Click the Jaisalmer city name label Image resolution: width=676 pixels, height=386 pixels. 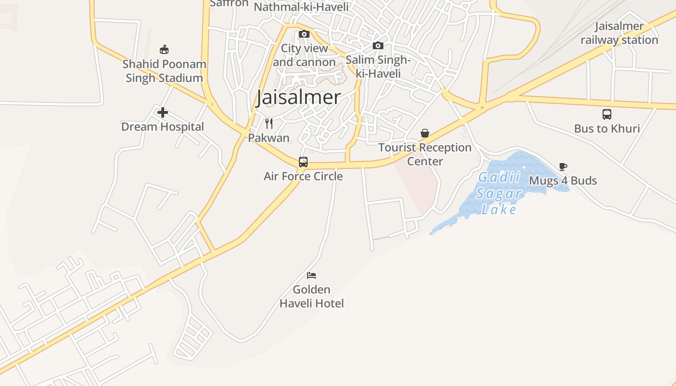tap(298, 97)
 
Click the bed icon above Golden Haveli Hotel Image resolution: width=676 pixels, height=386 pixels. tap(311, 276)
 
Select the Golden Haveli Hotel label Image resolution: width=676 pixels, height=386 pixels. tap(311, 296)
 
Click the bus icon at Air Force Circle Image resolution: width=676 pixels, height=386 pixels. tap(303, 162)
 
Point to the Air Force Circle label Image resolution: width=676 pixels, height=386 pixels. tap(303, 176)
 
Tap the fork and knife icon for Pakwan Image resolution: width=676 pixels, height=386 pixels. tap(269, 124)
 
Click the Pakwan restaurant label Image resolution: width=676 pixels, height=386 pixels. tap(269, 138)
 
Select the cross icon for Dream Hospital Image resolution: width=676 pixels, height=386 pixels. tap(163, 113)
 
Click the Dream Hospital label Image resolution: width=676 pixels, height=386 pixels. tap(163, 127)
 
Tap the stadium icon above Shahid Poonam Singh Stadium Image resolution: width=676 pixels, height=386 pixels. tap(164, 49)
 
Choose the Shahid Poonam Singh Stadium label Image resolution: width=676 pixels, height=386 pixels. tap(164, 71)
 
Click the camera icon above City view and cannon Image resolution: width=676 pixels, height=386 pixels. tap(304, 34)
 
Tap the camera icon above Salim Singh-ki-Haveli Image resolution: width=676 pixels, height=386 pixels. tap(378, 46)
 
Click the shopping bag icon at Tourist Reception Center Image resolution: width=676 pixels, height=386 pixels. tap(425, 133)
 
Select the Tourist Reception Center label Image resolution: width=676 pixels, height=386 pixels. tap(425, 154)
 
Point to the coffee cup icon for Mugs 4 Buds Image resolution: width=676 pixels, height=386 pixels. tap(563, 167)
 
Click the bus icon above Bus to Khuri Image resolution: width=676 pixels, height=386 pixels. tap(607, 114)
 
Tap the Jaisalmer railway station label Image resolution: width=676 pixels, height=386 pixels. tap(619, 33)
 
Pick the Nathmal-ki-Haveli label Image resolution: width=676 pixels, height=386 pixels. tap(301, 7)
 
